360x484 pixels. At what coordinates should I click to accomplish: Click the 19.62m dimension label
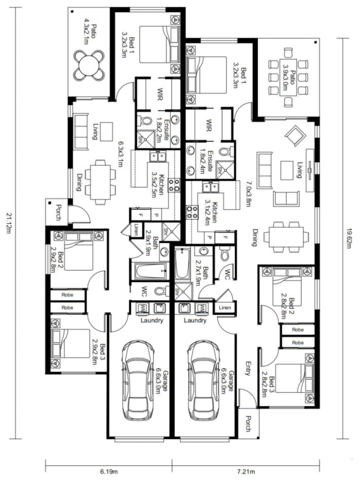click(349, 238)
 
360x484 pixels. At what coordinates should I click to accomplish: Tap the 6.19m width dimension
click(109, 471)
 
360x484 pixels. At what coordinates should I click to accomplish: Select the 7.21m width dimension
click(246, 471)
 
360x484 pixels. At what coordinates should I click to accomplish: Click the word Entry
click(247, 368)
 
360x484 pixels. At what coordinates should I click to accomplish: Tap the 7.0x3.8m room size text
click(247, 194)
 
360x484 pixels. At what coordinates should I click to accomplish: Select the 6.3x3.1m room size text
click(121, 154)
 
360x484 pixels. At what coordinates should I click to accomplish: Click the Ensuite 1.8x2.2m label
click(163, 130)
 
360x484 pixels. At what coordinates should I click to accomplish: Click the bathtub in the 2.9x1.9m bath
click(150, 271)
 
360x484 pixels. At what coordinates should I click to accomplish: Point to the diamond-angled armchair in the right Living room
click(296, 135)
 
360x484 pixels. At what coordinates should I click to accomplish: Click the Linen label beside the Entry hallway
click(225, 307)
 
